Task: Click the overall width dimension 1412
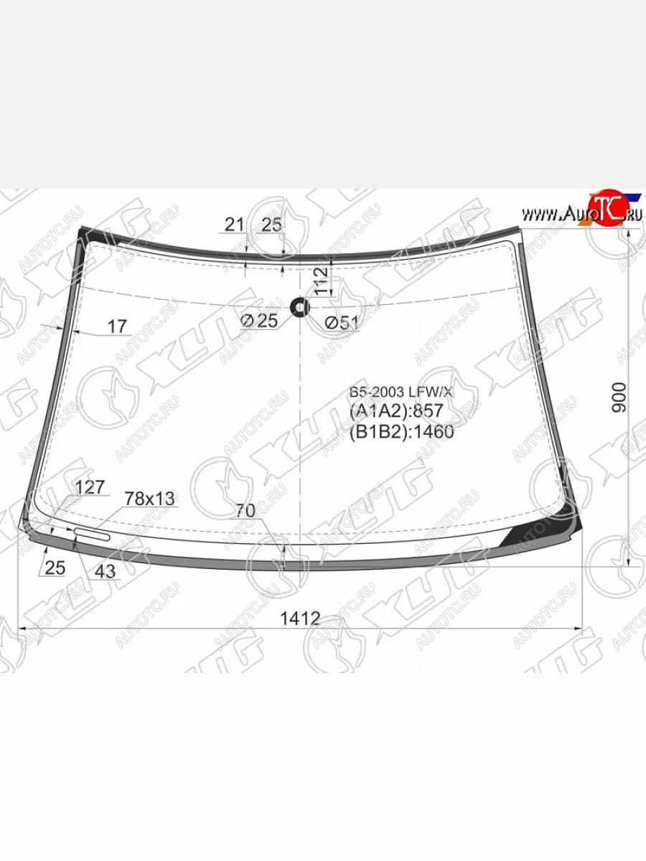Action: click(x=300, y=618)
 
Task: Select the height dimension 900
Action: click(x=619, y=397)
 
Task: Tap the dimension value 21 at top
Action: click(x=235, y=225)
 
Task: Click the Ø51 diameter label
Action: click(x=341, y=323)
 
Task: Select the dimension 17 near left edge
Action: click(x=117, y=326)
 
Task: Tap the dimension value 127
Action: click(x=90, y=487)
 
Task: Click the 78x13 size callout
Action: click(x=149, y=498)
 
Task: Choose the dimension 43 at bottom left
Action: click(x=105, y=571)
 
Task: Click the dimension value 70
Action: click(x=245, y=511)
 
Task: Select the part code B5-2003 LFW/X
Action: click(x=401, y=392)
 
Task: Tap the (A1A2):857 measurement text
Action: click(x=396, y=411)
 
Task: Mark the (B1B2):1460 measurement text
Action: click(x=401, y=431)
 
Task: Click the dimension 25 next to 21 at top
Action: click(x=271, y=225)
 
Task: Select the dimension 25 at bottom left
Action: click(x=55, y=568)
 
